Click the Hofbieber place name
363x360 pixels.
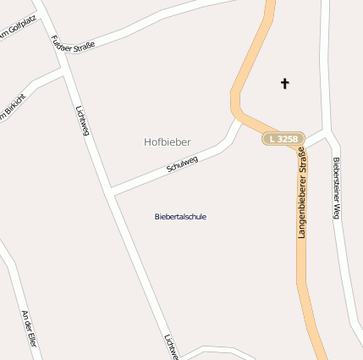[167, 141]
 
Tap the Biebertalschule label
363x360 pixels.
[180, 217]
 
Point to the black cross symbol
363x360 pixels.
[284, 83]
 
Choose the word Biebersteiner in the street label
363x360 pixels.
[336, 180]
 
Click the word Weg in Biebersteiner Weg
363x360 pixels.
[336, 213]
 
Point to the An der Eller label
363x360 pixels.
[30, 328]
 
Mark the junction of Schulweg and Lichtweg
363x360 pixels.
[112, 191]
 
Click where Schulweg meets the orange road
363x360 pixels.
[239, 119]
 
